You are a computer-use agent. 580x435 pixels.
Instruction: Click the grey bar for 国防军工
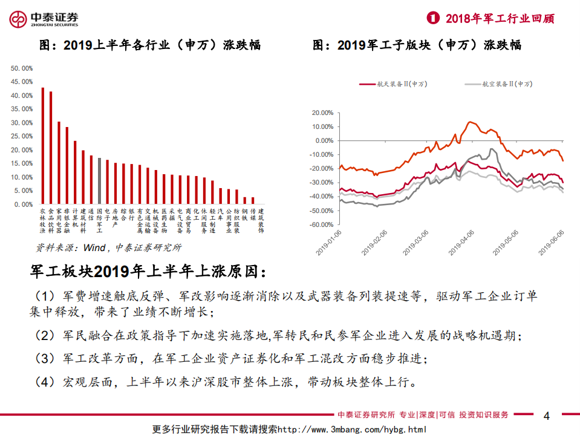pos(99,182)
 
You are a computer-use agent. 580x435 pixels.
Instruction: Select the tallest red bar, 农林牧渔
pos(42,146)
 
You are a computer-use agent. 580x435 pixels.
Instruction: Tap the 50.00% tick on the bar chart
pos(22,68)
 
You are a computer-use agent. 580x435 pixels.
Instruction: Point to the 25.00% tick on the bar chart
pos(22,137)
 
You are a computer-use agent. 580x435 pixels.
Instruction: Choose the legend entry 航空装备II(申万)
pos(498,85)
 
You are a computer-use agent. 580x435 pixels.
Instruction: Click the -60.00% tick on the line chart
pos(321,224)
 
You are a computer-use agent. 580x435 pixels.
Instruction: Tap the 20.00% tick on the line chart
pos(321,113)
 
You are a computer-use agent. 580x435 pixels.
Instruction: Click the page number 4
pos(547,416)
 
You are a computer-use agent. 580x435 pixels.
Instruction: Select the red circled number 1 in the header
pos(432,18)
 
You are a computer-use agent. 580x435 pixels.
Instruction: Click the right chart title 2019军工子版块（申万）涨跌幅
pos(417,45)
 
